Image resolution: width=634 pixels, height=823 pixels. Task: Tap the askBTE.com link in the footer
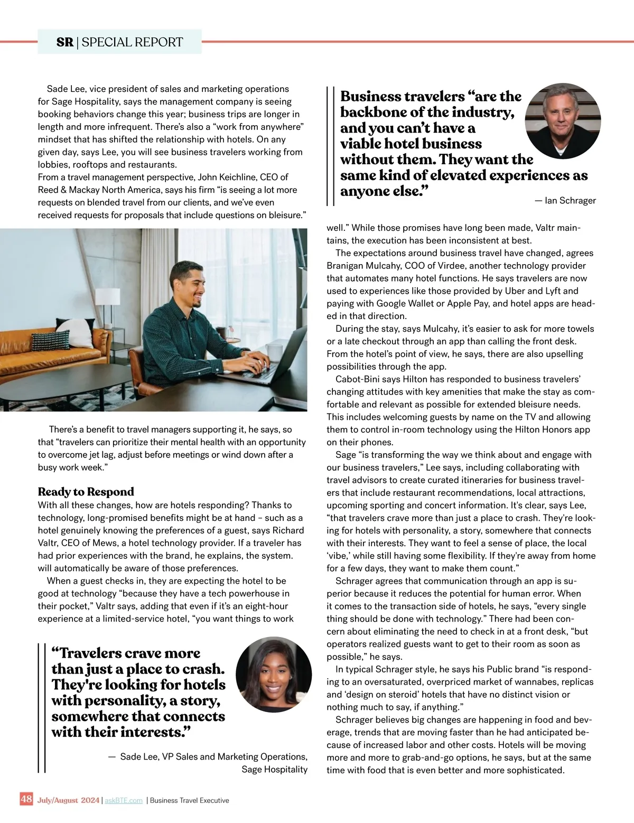[124, 800]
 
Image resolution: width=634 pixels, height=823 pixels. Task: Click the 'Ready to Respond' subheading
[86, 492]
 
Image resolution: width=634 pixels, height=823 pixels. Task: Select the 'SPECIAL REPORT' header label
[132, 42]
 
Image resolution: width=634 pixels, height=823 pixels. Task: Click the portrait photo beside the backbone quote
[563, 120]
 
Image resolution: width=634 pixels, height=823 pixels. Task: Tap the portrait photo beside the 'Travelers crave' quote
[274, 675]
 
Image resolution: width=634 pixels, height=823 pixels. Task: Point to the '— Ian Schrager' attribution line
[565, 201]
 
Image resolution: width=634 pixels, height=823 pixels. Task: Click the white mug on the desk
[275, 351]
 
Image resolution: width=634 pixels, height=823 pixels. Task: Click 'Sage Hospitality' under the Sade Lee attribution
[274, 769]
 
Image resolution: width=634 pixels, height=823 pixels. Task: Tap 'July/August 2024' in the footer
[68, 800]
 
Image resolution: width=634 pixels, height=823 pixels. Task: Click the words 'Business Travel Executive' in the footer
[190, 800]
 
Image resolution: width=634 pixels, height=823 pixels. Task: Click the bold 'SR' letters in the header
[65, 42]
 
